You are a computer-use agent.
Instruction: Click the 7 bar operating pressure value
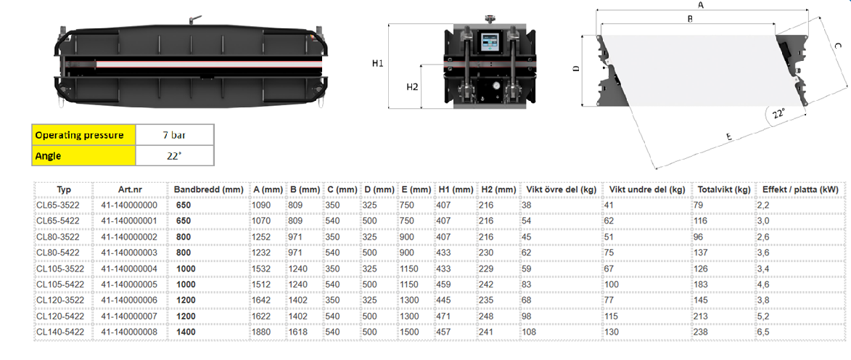click(x=174, y=135)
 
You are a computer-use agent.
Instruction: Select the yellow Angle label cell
click(x=83, y=155)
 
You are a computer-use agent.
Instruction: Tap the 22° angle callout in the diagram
click(x=779, y=114)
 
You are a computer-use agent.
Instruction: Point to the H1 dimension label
click(x=378, y=64)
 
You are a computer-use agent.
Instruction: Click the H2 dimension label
click(x=413, y=87)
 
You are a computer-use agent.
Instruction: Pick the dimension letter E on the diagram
click(x=729, y=137)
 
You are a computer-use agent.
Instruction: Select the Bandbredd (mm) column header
click(x=208, y=189)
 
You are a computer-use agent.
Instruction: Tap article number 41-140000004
click(x=128, y=269)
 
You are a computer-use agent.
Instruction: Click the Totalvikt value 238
click(x=700, y=331)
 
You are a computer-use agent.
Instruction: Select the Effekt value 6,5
click(x=764, y=331)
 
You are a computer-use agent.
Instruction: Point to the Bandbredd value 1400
click(x=185, y=331)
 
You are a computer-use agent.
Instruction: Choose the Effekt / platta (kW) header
click(x=800, y=189)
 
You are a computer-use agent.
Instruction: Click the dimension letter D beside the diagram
click(x=576, y=68)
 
